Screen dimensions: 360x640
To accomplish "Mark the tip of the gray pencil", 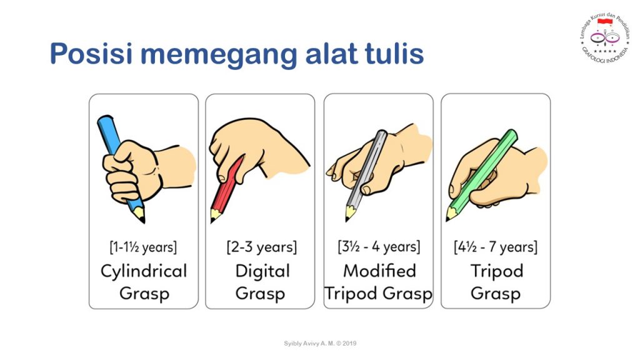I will point(347,218).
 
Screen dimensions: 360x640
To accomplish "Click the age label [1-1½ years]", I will point(143,247).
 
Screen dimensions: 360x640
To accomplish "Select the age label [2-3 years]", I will point(261,247).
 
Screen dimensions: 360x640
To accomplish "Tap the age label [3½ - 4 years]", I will point(378,247).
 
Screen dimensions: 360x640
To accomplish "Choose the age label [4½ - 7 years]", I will point(496,247).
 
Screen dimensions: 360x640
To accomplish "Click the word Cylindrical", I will point(143,271).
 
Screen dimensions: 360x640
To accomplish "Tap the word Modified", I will point(379,271).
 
